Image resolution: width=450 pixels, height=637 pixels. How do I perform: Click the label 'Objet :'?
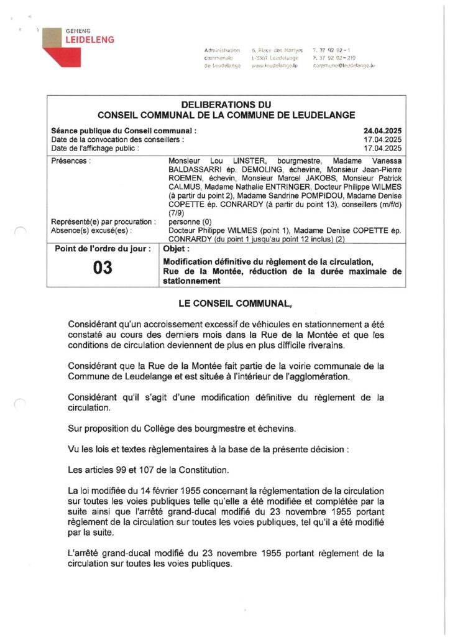coord(177,249)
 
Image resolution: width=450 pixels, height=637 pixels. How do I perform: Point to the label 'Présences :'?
coord(71,160)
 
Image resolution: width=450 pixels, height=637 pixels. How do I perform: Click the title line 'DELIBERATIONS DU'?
coord(226,105)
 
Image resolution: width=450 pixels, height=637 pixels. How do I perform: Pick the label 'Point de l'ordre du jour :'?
coord(103,249)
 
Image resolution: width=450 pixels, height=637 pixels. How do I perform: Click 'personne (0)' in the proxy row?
coord(189,221)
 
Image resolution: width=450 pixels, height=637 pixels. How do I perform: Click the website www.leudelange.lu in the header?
coord(274,65)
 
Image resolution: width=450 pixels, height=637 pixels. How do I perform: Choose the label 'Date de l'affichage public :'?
coord(95,149)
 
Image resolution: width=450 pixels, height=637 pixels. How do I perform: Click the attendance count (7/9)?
coord(177,212)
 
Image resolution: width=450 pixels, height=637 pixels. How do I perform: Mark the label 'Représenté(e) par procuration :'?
coord(101,221)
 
